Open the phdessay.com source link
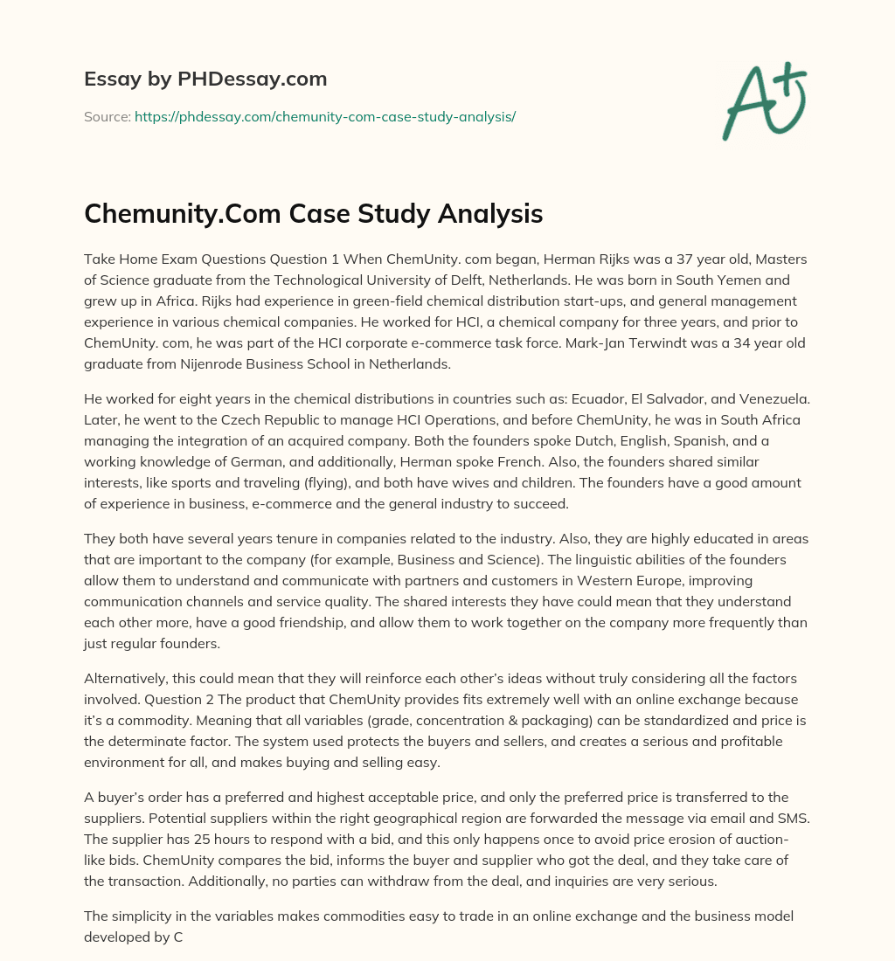point(324,115)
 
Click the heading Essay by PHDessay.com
point(205,80)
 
